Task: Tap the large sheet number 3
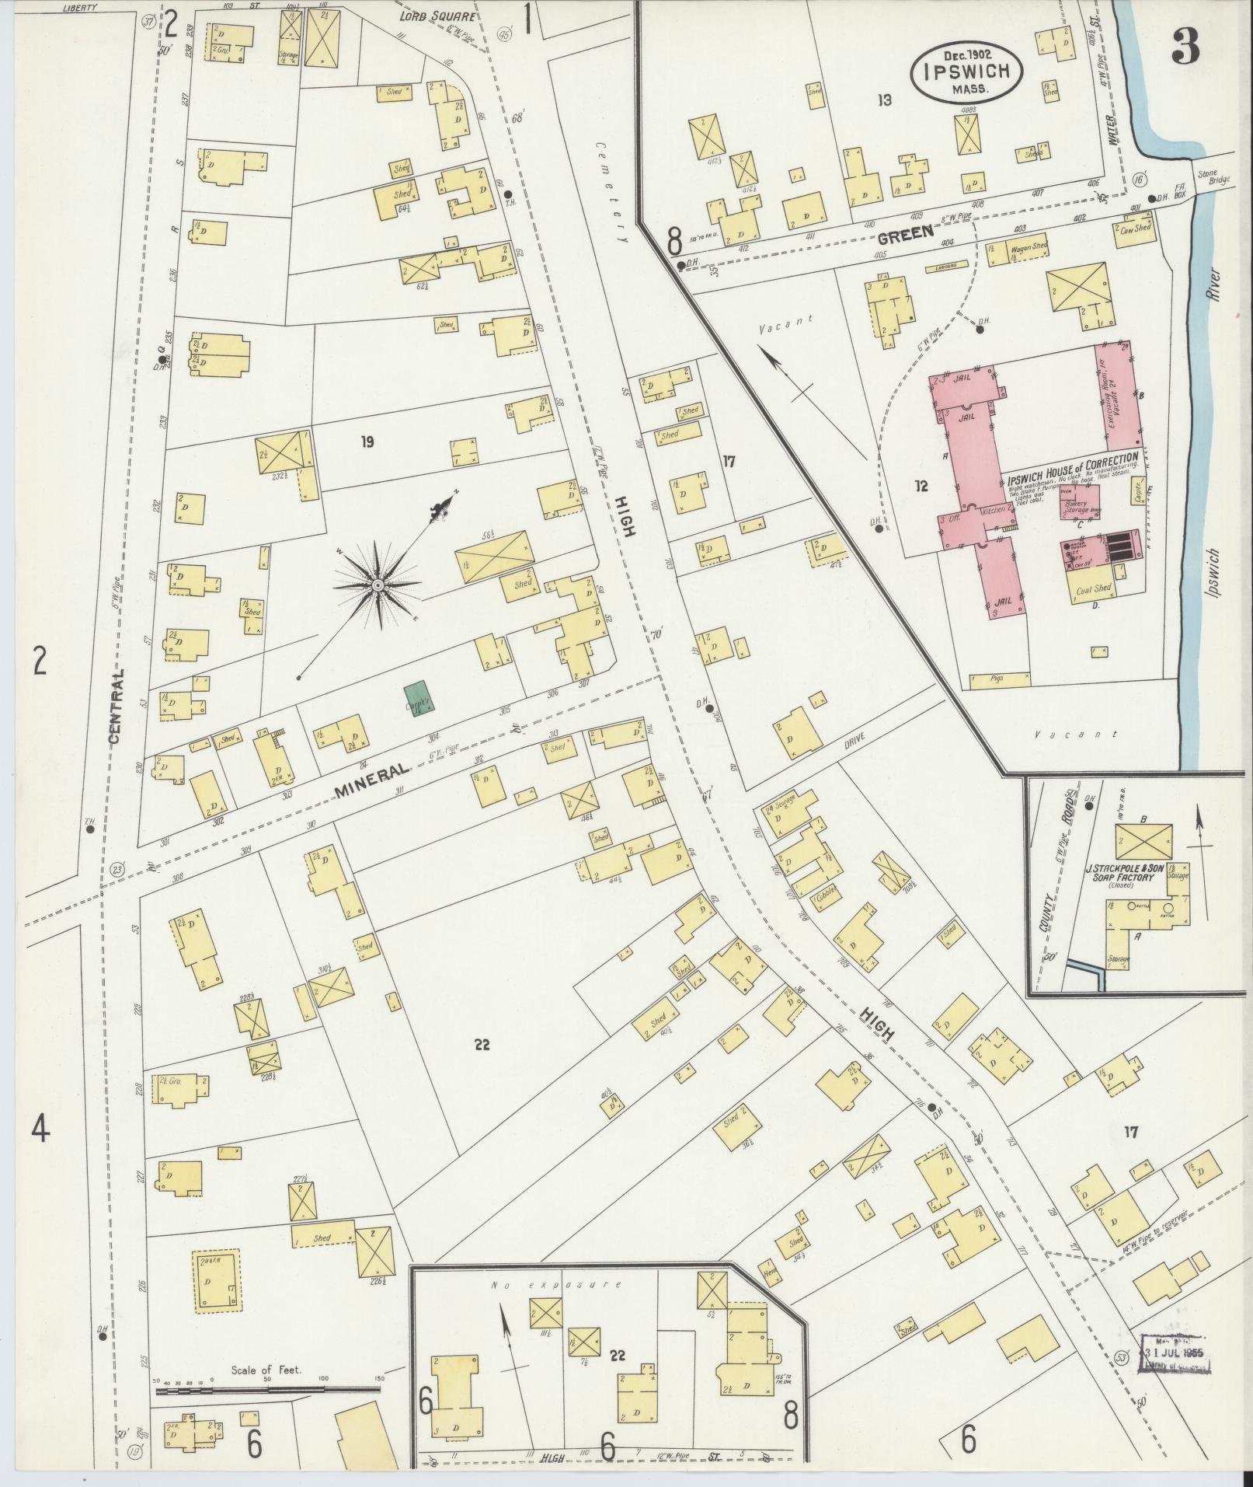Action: (x=1186, y=49)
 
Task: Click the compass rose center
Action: (x=377, y=585)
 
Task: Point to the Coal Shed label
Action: (x=1093, y=590)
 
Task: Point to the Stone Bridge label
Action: (x=1213, y=178)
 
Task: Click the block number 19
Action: (x=367, y=443)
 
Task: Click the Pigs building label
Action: (x=998, y=679)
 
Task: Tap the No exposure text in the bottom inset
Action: (x=556, y=1284)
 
